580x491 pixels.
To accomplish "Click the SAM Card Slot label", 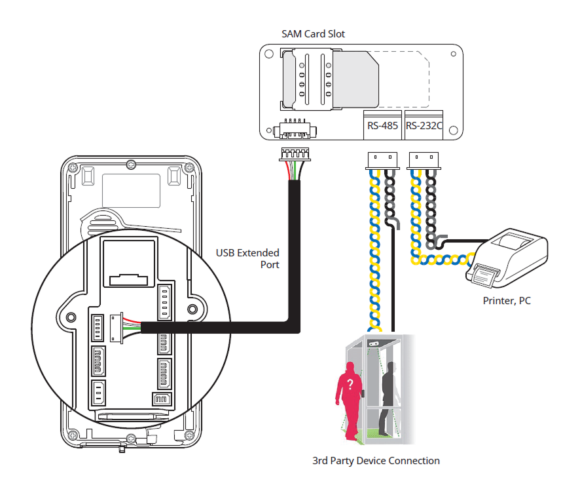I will (x=313, y=33).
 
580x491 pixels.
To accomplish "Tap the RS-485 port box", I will (x=382, y=125).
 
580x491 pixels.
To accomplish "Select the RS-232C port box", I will (x=424, y=125).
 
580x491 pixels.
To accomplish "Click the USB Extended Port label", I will (x=248, y=258).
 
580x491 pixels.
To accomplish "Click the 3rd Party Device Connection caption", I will (x=376, y=460).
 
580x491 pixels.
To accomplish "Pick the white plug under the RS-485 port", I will (x=381, y=159).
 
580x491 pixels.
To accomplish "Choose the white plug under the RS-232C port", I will (x=422, y=159).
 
